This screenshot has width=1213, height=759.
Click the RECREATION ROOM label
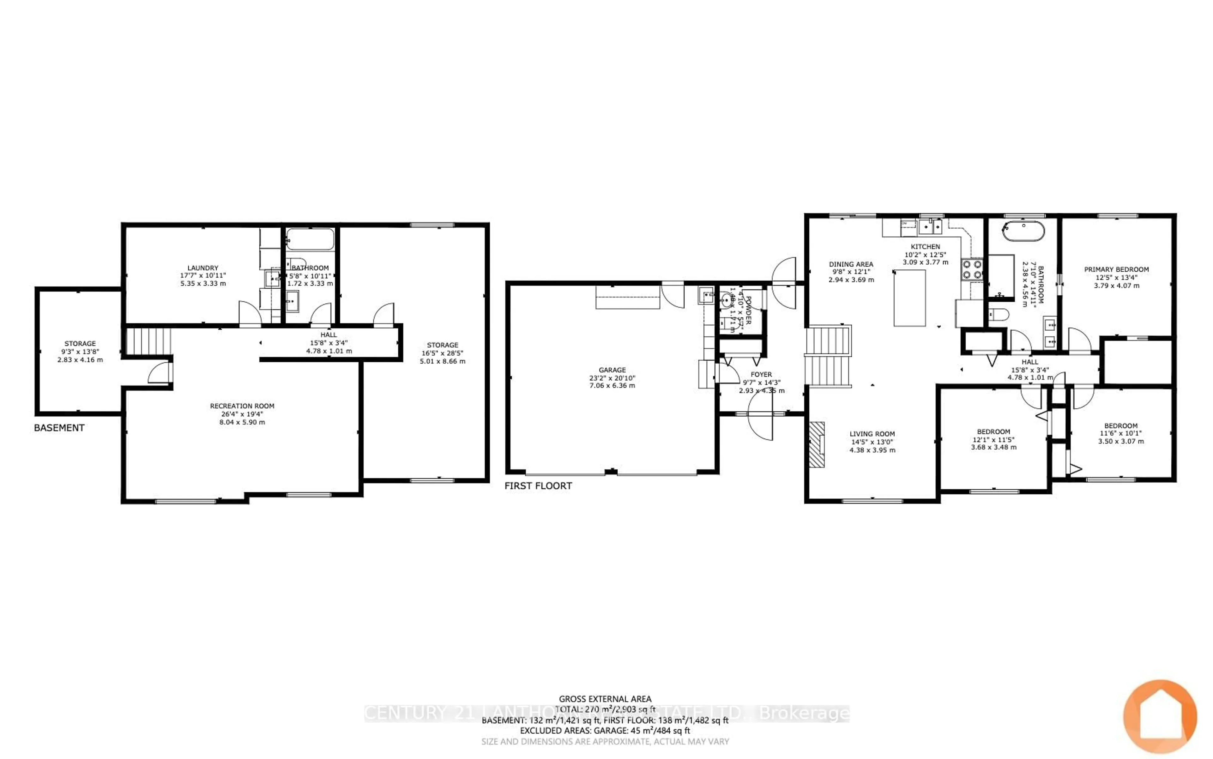[242, 406]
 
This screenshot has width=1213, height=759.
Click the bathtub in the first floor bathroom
[1023, 231]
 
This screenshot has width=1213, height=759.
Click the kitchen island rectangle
[909, 298]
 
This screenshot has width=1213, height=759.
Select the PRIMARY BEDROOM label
[1116, 269]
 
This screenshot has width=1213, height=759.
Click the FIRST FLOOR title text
[538, 485]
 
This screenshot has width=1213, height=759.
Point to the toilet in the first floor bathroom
[999, 315]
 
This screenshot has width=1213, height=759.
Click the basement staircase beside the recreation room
[148, 341]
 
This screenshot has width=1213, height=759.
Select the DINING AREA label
[851, 264]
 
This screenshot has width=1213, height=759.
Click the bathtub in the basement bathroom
[310, 239]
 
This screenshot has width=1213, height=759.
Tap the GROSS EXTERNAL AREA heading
[605, 699]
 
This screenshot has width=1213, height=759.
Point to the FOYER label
[761, 375]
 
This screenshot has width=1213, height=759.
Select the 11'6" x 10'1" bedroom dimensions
[1121, 433]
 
